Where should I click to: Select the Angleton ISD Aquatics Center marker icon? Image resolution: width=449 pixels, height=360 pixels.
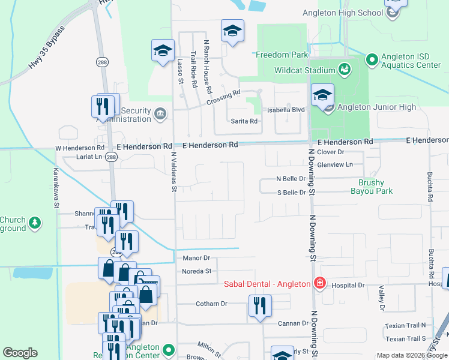point(372,59)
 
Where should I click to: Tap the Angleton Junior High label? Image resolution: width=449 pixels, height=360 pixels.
point(376,107)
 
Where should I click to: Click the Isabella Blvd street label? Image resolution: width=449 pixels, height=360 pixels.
point(291,110)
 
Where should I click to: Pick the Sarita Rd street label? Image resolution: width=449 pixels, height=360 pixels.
point(244,121)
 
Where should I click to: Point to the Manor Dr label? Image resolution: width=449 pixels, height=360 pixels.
point(197,258)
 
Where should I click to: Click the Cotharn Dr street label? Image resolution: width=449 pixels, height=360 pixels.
point(211,304)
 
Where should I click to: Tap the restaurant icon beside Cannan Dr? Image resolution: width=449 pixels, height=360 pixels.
point(260,306)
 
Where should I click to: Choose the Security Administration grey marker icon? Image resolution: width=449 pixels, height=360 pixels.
point(160,113)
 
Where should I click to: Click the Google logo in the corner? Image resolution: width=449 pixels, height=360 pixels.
point(20,353)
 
